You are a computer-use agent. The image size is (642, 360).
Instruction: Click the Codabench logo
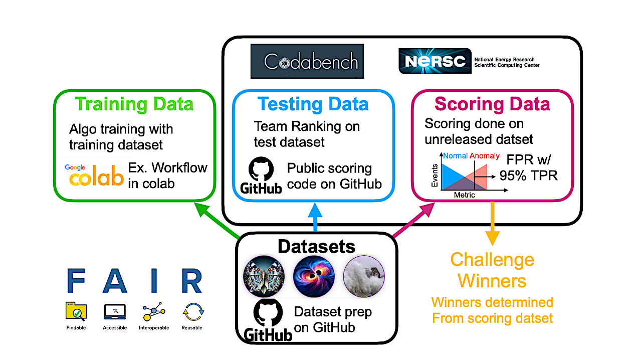click(307, 62)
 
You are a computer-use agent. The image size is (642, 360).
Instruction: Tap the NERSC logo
click(435, 61)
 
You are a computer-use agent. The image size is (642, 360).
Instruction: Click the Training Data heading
click(134, 104)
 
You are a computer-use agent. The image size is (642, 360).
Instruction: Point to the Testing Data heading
click(313, 104)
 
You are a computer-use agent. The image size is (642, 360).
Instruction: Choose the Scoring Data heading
click(492, 104)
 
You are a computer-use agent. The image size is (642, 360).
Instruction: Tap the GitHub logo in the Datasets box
click(267, 321)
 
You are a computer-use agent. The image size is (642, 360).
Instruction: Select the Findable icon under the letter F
click(76, 312)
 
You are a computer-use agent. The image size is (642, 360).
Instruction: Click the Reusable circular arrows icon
click(192, 312)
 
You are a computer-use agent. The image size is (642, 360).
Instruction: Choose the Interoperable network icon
click(153, 312)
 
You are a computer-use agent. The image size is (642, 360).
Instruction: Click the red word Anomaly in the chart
click(485, 156)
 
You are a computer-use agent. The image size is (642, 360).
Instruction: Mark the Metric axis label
click(464, 195)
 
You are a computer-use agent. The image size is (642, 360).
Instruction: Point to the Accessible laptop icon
click(115, 312)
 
